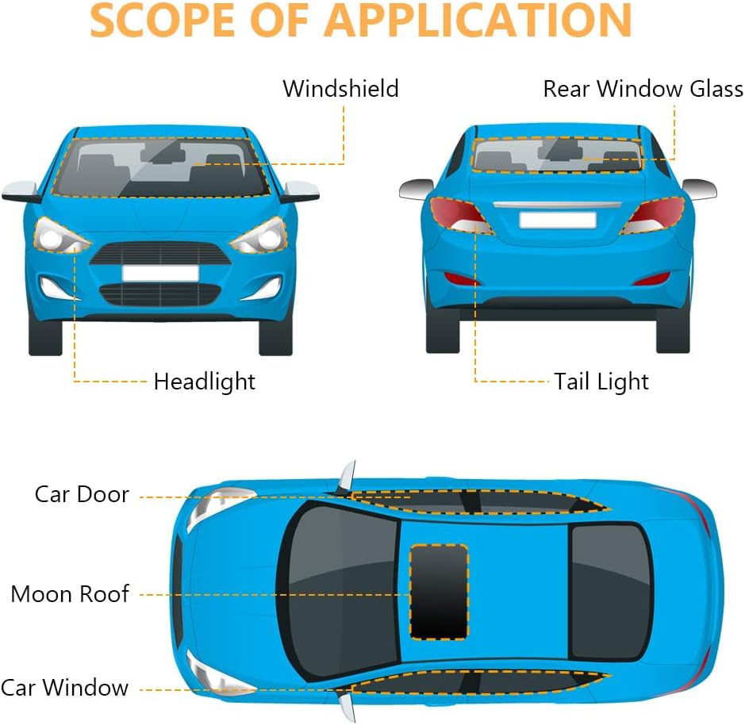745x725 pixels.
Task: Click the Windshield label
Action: [x=340, y=89]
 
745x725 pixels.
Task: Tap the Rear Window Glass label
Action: [x=643, y=89]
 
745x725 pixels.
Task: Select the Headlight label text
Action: [x=205, y=382]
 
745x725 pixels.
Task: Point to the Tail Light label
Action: [x=601, y=382]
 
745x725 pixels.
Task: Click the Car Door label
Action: [x=82, y=495]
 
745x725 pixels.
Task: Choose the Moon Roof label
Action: [x=70, y=594]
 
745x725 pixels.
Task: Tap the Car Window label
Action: [x=64, y=688]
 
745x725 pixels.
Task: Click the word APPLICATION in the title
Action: [x=478, y=21]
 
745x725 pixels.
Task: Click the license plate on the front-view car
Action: [x=160, y=273]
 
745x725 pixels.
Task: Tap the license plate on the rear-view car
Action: [x=558, y=221]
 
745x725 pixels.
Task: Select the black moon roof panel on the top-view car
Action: [x=439, y=592]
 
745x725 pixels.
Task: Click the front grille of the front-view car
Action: [x=160, y=254]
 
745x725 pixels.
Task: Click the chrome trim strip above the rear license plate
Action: [x=557, y=205]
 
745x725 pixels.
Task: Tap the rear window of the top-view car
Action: [x=611, y=593]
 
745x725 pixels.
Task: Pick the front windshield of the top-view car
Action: [x=340, y=592]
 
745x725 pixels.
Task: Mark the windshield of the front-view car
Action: [x=160, y=167]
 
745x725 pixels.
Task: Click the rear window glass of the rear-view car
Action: [x=557, y=155]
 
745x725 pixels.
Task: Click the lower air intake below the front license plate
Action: [x=160, y=294]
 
